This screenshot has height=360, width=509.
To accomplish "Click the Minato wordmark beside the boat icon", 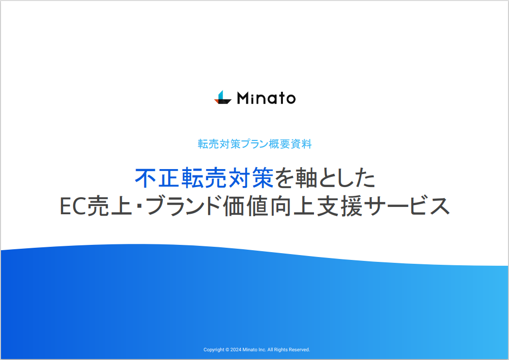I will point(266,98).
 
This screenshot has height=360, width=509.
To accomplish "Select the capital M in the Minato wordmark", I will point(243,98).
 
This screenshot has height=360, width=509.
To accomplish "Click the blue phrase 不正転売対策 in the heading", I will point(204,179).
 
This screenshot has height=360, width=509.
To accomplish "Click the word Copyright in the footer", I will point(214,350).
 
